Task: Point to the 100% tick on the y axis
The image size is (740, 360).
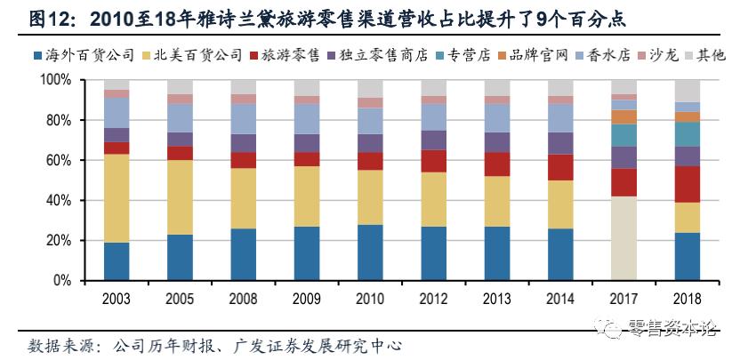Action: (x=55, y=80)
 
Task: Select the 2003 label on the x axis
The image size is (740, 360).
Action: (x=117, y=296)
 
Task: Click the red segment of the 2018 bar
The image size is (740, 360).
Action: (x=688, y=184)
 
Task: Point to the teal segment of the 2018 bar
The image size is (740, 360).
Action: (x=688, y=133)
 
